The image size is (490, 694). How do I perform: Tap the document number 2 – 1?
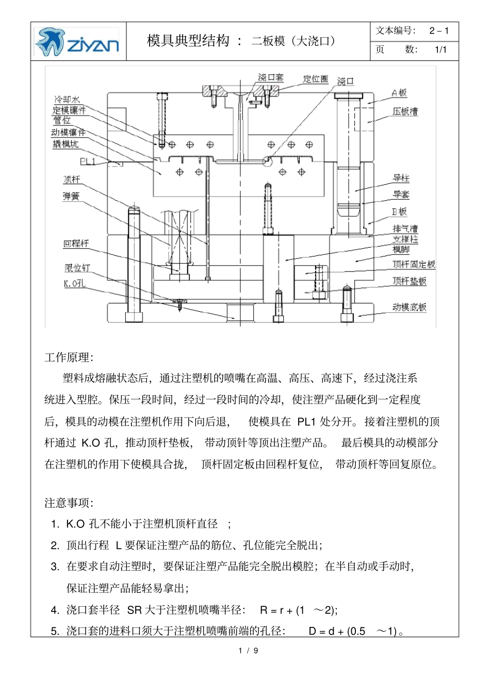(439, 31)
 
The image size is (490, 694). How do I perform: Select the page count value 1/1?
(440, 50)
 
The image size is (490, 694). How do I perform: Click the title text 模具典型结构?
(188, 41)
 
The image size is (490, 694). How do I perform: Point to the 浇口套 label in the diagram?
(271, 78)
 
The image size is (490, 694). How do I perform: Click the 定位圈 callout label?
(315, 79)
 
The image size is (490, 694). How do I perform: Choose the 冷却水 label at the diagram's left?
(67, 99)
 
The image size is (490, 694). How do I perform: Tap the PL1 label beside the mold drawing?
(88, 162)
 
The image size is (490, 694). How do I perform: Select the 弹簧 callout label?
(71, 196)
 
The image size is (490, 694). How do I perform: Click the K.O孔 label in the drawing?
(74, 283)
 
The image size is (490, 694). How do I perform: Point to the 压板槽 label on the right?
(405, 111)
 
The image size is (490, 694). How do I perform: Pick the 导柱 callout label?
(401, 178)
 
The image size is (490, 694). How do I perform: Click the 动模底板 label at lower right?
(410, 308)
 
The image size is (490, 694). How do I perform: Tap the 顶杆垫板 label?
(410, 281)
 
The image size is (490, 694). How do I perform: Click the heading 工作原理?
(69, 358)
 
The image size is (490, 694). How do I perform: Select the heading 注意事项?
(69, 503)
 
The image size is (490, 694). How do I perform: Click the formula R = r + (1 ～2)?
(298, 610)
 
